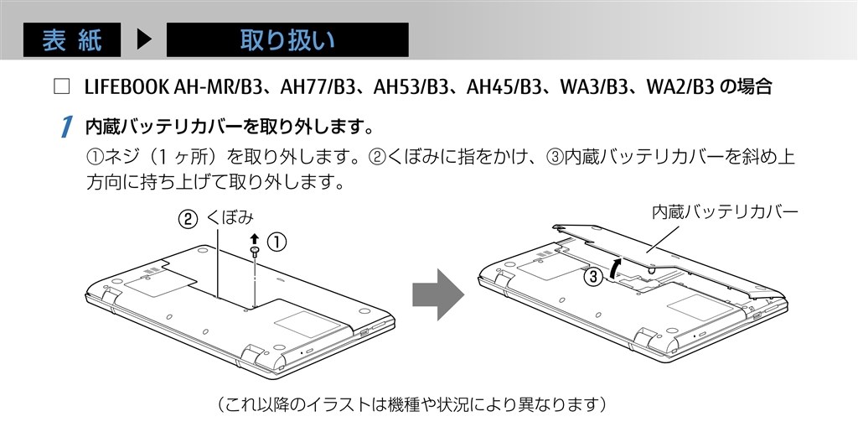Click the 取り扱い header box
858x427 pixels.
coord(287,40)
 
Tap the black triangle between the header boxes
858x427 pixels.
coord(143,40)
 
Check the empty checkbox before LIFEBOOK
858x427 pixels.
coord(59,86)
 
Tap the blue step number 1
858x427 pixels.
coord(65,128)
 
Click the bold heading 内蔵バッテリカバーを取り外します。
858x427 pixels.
coord(229,128)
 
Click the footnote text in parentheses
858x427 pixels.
coord(411,404)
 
